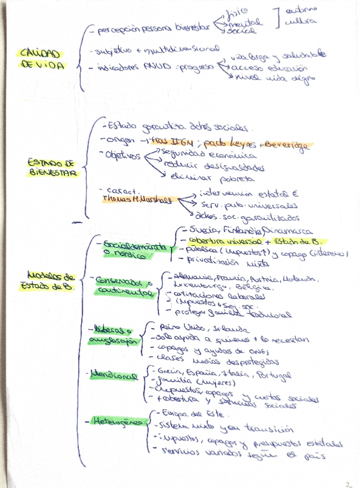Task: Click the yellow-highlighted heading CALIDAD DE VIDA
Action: tap(40, 59)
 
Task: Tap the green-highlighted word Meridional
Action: tap(114, 376)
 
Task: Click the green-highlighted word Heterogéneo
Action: tap(118, 422)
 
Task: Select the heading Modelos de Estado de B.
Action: tap(50, 280)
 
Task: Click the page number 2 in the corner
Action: tap(349, 483)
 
